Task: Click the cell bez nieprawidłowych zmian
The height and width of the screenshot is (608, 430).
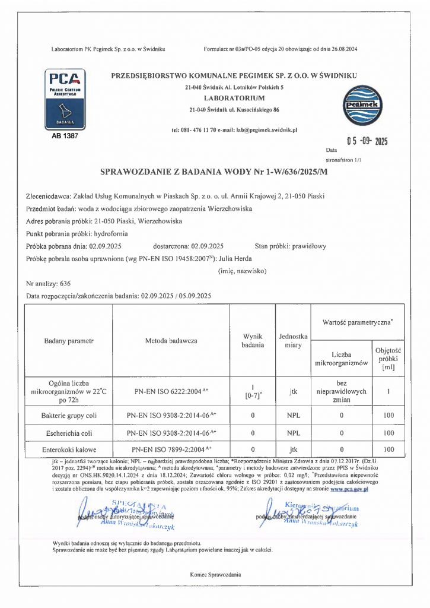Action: coord(341,391)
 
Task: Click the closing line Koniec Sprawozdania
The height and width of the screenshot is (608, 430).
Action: coord(215,575)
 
